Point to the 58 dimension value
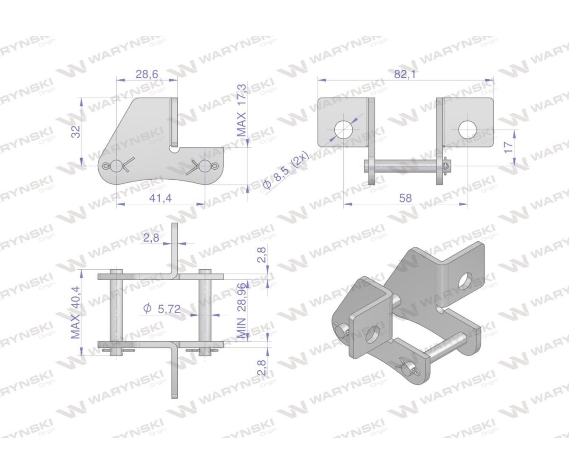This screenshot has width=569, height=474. (405, 198)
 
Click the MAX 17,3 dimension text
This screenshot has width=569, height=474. (242, 110)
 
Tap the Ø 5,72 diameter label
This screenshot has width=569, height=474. (161, 309)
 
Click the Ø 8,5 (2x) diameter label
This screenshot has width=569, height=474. (286, 171)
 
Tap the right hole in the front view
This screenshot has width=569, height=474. (468, 129)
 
